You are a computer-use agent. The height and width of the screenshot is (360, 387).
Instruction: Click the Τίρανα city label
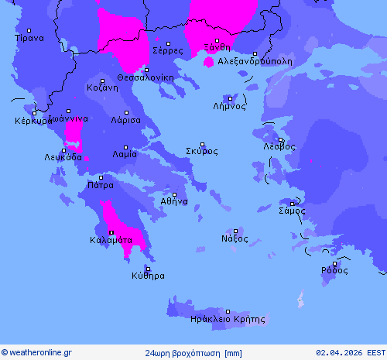point(29,38)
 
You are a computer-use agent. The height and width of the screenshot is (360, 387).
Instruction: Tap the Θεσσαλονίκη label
point(146,77)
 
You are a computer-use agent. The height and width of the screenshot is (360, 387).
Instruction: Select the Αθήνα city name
point(174,201)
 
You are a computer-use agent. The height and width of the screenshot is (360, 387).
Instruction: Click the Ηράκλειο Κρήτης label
point(228,319)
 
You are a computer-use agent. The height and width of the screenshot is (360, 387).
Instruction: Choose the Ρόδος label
point(335,271)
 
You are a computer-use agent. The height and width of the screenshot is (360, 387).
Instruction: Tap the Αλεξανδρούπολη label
point(255,60)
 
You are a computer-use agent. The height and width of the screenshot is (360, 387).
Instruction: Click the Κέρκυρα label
point(33,121)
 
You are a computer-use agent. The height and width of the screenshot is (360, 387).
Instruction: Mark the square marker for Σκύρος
point(203,144)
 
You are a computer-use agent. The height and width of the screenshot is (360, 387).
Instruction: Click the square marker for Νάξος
point(235,231)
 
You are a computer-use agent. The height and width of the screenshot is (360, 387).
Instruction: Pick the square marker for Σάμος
point(292,204)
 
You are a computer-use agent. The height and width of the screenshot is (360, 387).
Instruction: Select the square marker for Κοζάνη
point(102,81)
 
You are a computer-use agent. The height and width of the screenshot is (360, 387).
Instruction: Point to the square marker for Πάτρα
point(101,178)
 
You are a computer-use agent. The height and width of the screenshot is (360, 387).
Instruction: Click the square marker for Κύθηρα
point(147,269)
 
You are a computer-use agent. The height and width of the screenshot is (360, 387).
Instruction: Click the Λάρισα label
point(125,121)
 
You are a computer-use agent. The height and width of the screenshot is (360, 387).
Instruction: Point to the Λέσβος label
point(279,146)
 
